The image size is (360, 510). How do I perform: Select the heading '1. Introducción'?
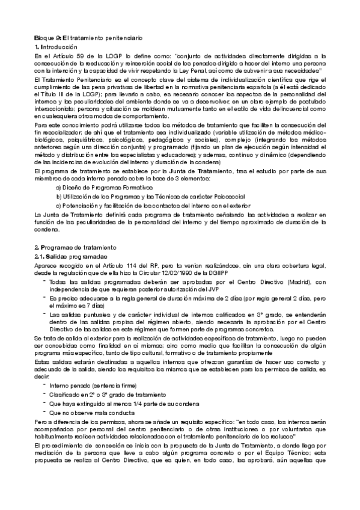pos(56,46)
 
